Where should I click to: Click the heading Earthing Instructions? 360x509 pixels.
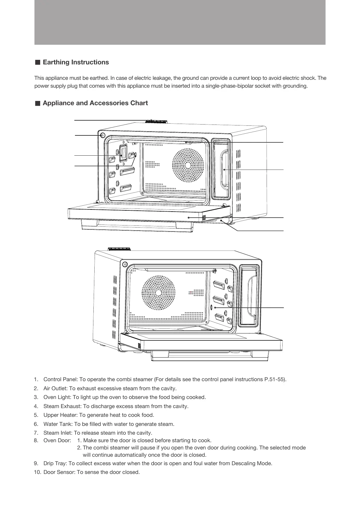tap(76, 62)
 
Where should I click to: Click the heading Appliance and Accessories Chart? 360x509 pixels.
tap(95, 103)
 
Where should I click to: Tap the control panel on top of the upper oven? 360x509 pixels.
tap(156, 121)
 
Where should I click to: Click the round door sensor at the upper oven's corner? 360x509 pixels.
tap(102, 135)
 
